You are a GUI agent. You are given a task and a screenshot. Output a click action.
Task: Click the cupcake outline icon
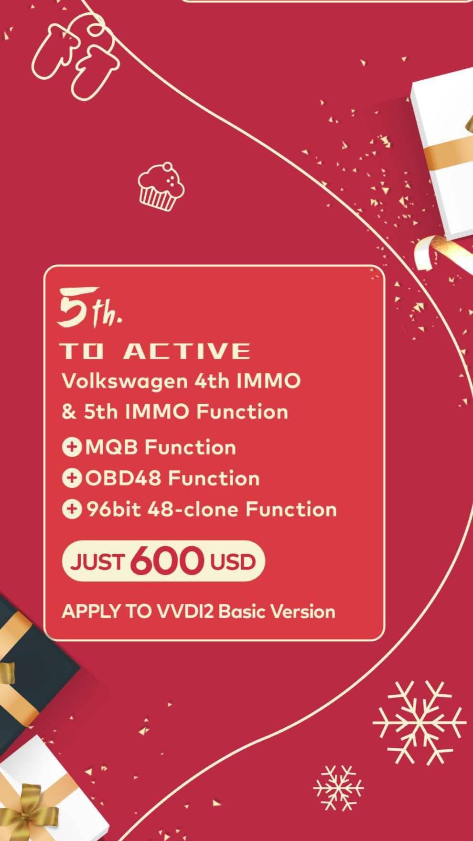click(x=161, y=186)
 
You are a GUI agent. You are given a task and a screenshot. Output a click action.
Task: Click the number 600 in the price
click(x=167, y=560)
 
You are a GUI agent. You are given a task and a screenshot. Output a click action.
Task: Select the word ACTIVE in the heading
click(x=186, y=351)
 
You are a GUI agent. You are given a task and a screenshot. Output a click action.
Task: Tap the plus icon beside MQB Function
click(x=72, y=448)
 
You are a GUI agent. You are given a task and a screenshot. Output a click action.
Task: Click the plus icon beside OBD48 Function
click(x=72, y=478)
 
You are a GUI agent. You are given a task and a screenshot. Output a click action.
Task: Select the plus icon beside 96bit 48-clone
click(x=72, y=509)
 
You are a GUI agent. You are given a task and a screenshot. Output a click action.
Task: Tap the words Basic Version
click(x=277, y=612)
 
